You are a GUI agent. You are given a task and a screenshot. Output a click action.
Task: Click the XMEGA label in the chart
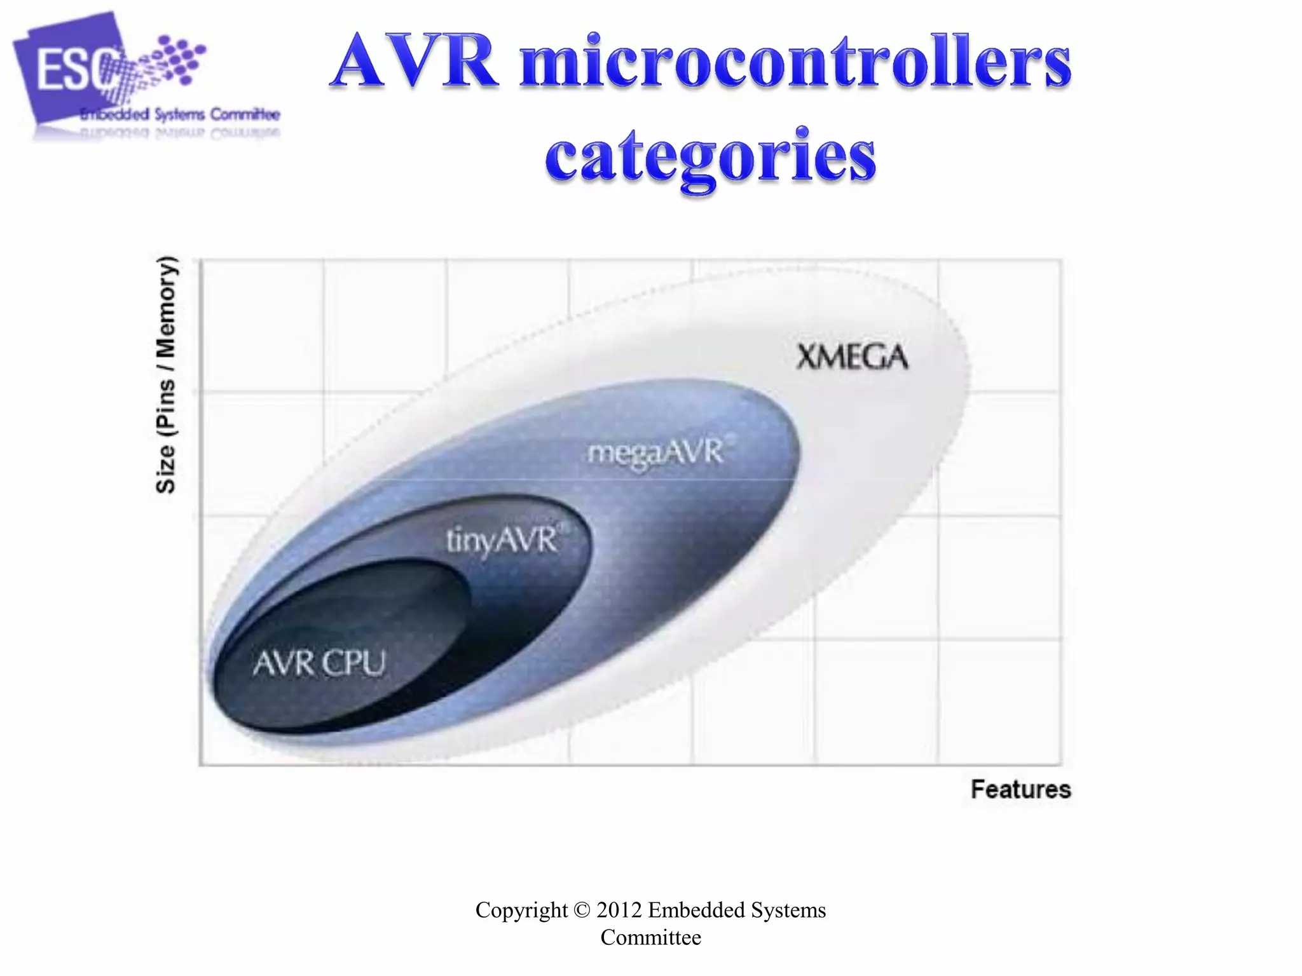click(851, 357)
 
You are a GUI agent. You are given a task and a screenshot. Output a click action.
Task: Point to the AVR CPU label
click(319, 663)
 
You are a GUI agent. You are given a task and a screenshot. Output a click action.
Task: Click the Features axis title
click(1020, 789)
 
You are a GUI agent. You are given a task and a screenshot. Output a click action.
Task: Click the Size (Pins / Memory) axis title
click(166, 374)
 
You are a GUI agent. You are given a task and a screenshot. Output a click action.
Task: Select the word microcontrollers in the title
click(795, 62)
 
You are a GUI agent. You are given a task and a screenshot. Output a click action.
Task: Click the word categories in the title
click(710, 156)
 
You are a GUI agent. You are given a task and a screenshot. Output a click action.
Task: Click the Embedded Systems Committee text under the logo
click(180, 115)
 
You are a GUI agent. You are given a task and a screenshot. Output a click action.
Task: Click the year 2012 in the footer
click(619, 910)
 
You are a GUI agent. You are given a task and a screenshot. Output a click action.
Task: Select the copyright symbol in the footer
click(582, 910)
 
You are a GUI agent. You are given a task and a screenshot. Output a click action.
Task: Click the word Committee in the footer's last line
click(650, 937)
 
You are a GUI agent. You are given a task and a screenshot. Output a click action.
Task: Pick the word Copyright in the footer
click(521, 910)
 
